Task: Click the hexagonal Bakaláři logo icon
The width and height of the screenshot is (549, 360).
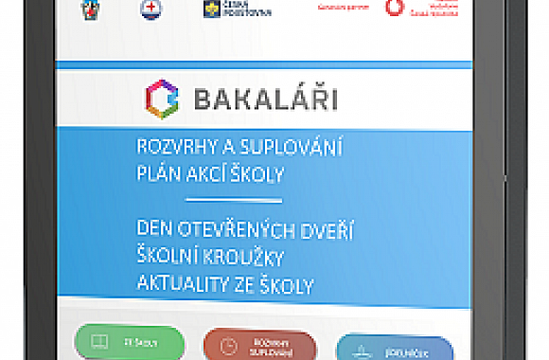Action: [x=161, y=97]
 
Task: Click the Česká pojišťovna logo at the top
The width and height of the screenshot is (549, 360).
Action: [x=224, y=9]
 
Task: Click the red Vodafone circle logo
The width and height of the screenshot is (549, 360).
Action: [x=393, y=8]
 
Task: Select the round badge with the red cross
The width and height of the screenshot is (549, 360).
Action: [x=150, y=9]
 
